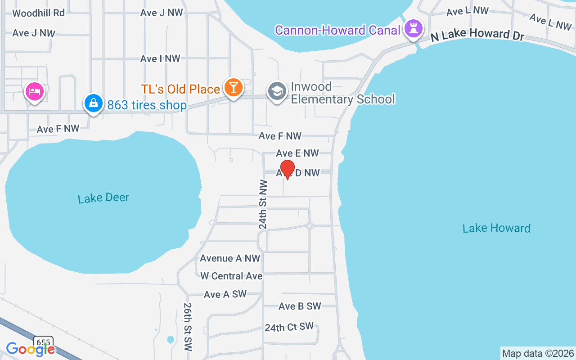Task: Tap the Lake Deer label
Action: pos(103,198)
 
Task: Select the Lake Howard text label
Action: pos(496,228)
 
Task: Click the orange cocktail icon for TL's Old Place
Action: pos(233,87)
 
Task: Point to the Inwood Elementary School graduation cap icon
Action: pos(277,91)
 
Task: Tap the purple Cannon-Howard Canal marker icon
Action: pos(414,29)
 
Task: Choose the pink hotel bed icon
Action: pos(34,91)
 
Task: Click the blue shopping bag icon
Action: pos(93,103)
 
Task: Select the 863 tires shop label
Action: pos(147,105)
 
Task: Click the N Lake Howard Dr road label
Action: pos(477,34)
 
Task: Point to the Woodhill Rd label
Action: pos(39,13)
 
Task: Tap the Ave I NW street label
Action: pos(160,58)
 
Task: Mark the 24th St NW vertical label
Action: pos(263,205)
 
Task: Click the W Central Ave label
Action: pos(231,276)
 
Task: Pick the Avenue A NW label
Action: pos(230,258)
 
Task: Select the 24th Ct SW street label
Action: pos(289,327)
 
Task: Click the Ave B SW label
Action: pos(300,306)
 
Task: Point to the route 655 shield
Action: pos(43,343)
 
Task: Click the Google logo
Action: pos(30,349)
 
